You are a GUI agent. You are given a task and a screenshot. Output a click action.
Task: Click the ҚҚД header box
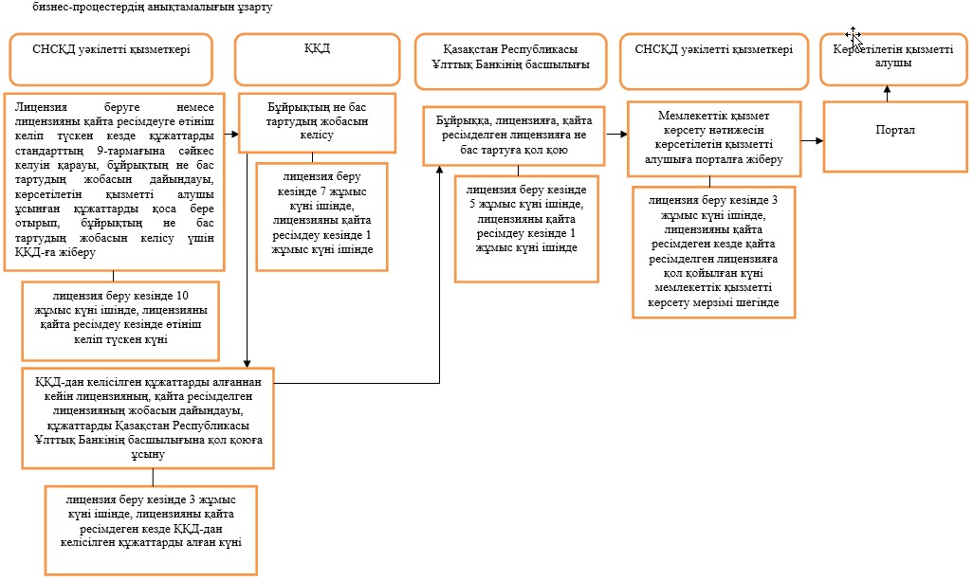pos(317,60)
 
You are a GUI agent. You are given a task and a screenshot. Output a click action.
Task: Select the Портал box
pos(895,136)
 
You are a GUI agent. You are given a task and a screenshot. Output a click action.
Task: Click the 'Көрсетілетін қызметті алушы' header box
pos(893,60)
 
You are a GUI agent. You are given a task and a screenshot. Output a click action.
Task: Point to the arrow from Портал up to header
pos(888,94)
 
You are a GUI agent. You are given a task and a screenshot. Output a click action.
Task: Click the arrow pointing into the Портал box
pos(812,141)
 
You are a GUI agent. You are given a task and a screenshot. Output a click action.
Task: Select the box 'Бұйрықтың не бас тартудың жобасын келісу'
pos(317,123)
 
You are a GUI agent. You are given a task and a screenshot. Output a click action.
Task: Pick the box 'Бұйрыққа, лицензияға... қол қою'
pos(514,136)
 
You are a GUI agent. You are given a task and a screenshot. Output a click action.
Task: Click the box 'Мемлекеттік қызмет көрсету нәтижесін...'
pos(714,139)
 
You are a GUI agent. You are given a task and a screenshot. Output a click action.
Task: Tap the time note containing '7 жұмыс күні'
pos(322,217)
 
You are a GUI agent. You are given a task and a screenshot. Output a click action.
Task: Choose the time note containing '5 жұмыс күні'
pos(526,228)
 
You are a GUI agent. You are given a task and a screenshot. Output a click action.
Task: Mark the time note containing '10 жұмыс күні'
pos(120,321)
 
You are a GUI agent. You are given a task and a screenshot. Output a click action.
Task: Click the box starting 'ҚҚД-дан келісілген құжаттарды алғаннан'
pos(148,418)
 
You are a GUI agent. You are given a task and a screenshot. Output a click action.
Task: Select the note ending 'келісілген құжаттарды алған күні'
pos(151,530)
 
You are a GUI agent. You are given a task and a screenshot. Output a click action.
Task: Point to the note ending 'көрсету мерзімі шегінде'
pos(713,252)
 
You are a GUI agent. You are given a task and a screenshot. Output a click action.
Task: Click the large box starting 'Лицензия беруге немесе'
pos(114,182)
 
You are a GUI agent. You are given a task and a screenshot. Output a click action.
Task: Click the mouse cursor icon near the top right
pos(854,37)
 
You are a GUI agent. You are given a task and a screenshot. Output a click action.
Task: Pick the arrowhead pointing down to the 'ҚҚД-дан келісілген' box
pos(247,363)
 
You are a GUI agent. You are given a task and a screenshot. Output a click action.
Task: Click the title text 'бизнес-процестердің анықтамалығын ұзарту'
pos(152,8)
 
